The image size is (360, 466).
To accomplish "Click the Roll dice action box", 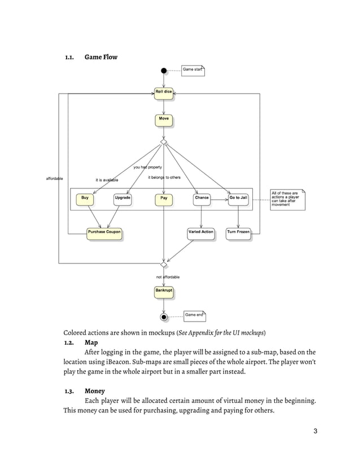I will point(164,92).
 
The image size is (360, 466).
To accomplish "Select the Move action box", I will point(164,120).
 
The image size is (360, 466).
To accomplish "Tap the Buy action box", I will point(85,199).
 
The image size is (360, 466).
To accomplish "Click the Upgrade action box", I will point(122,199).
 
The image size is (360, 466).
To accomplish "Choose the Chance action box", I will point(201,199).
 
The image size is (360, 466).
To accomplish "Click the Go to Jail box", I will point(238,199).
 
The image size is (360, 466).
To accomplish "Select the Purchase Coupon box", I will point(104,232).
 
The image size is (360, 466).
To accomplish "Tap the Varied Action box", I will point(201,232).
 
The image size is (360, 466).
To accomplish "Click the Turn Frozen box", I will point(238,232).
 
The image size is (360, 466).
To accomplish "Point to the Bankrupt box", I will point(164,291).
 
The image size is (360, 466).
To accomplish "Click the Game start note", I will point(193,70).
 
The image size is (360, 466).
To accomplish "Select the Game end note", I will point(194,315).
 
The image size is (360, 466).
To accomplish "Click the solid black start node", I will point(164,71).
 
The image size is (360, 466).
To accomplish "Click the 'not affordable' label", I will point(168,278).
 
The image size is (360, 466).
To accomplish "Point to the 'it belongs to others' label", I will point(164,178).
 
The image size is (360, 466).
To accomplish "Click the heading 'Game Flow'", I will point(101,57).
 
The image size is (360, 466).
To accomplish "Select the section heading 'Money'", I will point(95,390).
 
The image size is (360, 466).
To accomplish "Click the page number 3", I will point(315,432).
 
